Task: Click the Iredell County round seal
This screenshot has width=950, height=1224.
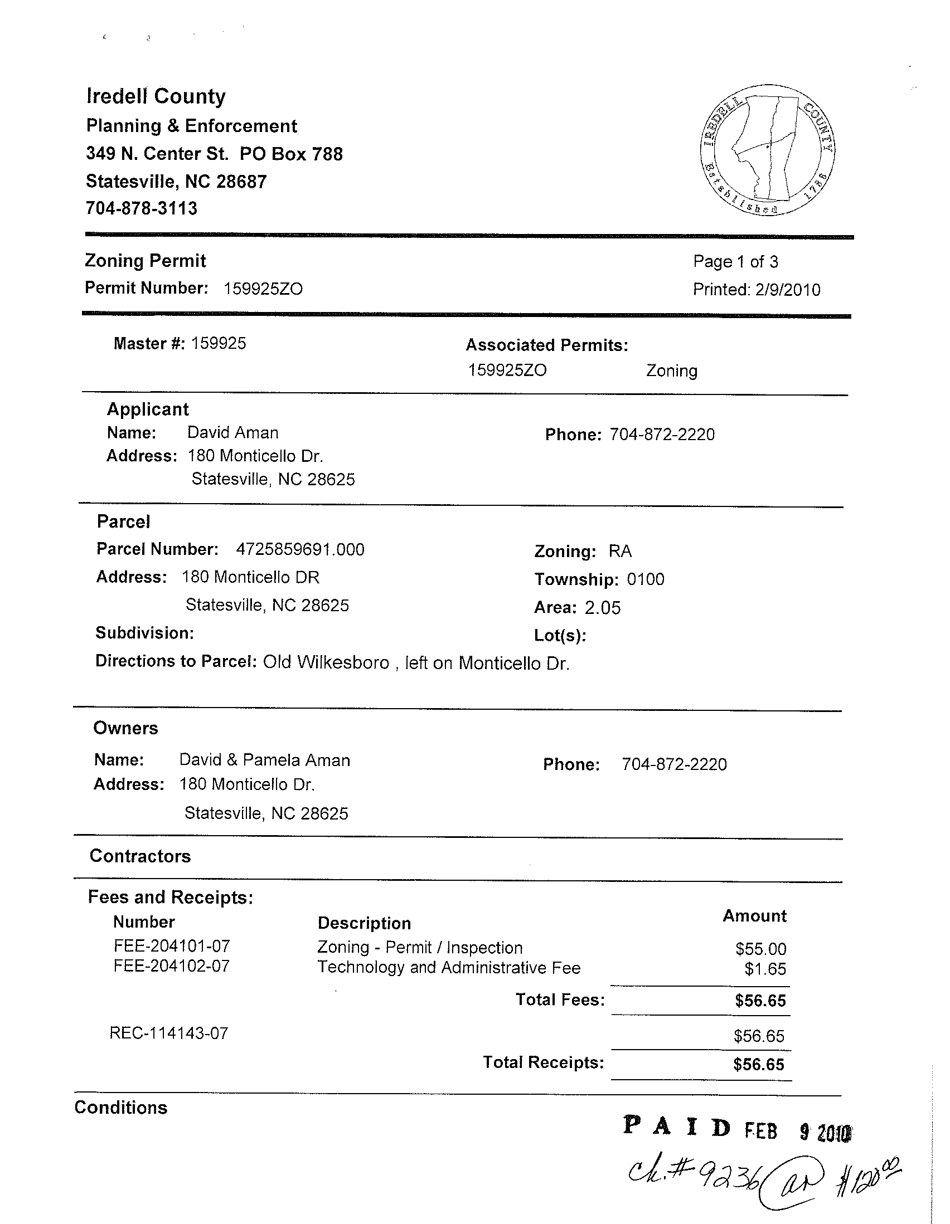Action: (768, 150)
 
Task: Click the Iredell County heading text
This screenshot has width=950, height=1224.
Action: (156, 96)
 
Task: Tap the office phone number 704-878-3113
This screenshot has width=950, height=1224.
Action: (141, 208)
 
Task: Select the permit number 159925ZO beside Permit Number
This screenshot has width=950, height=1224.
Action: (263, 289)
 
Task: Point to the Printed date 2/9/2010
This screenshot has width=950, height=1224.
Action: (787, 290)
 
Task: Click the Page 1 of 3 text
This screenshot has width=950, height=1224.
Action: (735, 262)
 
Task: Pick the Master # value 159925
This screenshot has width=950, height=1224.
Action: (219, 344)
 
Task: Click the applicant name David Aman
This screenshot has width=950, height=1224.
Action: (232, 433)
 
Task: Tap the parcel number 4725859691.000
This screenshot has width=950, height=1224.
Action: (300, 549)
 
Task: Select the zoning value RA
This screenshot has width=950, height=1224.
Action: (621, 552)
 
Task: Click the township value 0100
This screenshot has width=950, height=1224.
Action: (646, 579)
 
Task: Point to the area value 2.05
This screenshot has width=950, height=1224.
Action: (603, 608)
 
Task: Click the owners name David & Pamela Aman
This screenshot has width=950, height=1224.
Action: (265, 760)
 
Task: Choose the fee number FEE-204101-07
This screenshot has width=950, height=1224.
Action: (172, 947)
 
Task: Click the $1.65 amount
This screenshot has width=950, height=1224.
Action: (765, 969)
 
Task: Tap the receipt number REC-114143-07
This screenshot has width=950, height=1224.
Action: (169, 1033)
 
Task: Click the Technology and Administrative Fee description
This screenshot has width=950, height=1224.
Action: (449, 968)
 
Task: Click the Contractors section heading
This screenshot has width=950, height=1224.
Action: (140, 856)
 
